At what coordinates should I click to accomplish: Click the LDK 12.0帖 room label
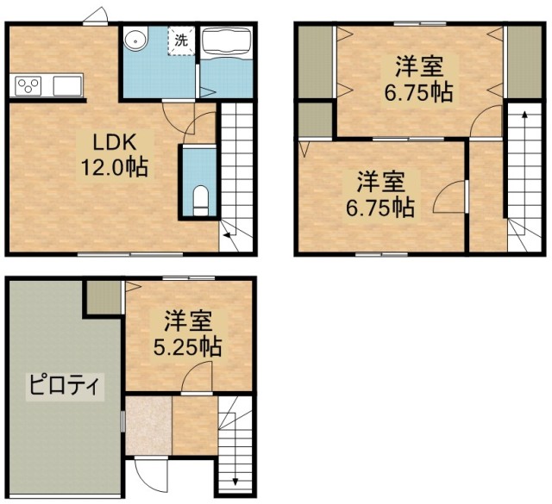tap(115, 155)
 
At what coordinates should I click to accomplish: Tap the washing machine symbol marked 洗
tap(181, 40)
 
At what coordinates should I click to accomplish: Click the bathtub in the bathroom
tap(226, 40)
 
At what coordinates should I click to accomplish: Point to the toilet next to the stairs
tap(201, 201)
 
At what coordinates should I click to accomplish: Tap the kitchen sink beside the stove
tap(67, 86)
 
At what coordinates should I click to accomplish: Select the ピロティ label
tap(66, 386)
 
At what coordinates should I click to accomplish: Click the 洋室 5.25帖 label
tap(188, 333)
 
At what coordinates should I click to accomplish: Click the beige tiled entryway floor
tap(149, 426)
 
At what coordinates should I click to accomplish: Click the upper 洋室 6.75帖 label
tap(419, 78)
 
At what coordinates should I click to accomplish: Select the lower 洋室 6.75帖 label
tap(380, 194)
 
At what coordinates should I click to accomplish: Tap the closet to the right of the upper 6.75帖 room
tap(524, 62)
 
